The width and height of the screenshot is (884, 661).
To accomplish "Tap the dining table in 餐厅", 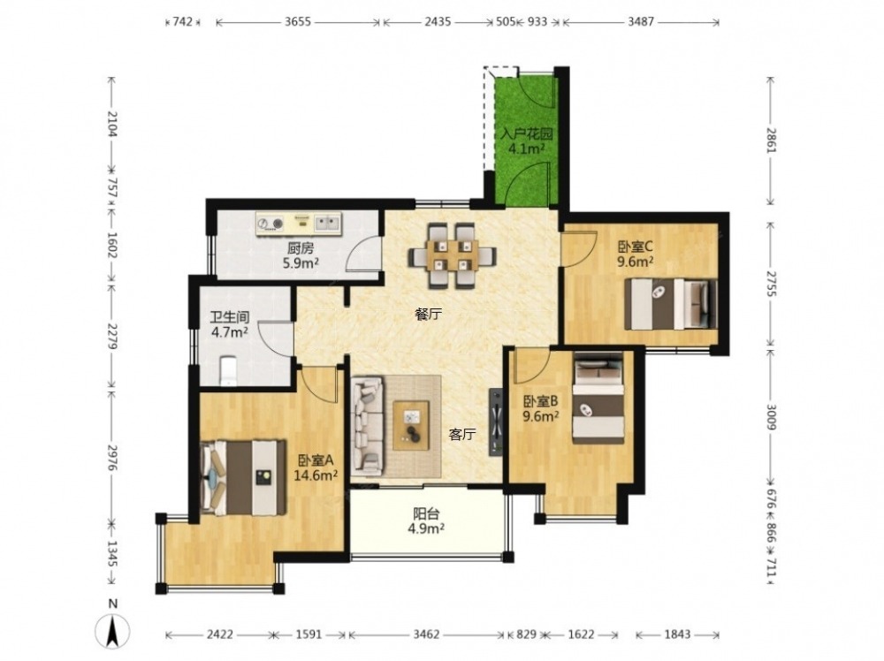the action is click(453, 256).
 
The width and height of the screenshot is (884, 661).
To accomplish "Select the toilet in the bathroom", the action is click(228, 371).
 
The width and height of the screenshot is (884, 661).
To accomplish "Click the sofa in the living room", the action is click(367, 426).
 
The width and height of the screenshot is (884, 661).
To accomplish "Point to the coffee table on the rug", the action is click(411, 425).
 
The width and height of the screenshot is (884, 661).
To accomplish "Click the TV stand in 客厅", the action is click(496, 422).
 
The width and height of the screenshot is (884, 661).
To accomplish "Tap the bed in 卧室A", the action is click(244, 478).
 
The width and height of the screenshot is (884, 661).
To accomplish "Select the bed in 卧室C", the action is click(671, 304).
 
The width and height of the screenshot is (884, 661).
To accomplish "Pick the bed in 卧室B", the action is click(598, 398).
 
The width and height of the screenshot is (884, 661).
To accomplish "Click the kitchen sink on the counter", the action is click(328, 224).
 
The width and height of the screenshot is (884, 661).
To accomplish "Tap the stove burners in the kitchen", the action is click(270, 224).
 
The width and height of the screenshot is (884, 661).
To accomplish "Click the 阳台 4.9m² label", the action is click(426, 520).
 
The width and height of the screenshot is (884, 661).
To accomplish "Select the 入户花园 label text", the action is click(527, 134).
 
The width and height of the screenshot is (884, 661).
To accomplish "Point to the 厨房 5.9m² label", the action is click(301, 255).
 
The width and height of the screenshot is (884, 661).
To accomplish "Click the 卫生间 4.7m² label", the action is click(230, 324).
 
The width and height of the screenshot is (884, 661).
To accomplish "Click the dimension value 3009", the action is click(771, 416).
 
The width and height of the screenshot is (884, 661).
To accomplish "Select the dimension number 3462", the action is click(426, 634).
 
